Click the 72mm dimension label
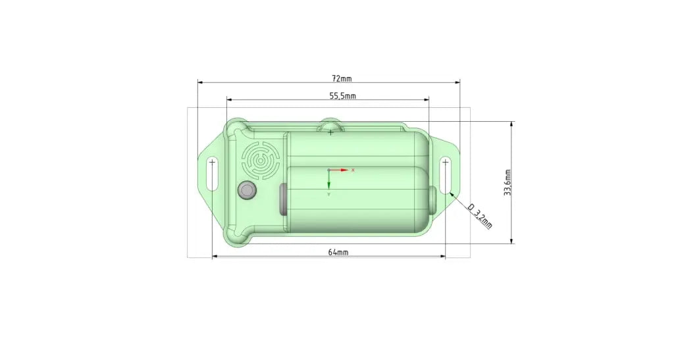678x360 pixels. tap(342, 78)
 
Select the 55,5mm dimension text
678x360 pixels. tap(342, 95)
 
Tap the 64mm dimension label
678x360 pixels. tap(338, 252)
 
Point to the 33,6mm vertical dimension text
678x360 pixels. tap(508, 182)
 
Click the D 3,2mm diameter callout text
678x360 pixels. tap(480, 215)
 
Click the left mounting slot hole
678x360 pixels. tap(212, 174)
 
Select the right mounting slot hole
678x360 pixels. tap(446, 176)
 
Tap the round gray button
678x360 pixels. tap(248, 191)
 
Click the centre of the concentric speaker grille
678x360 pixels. tap(260, 161)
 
